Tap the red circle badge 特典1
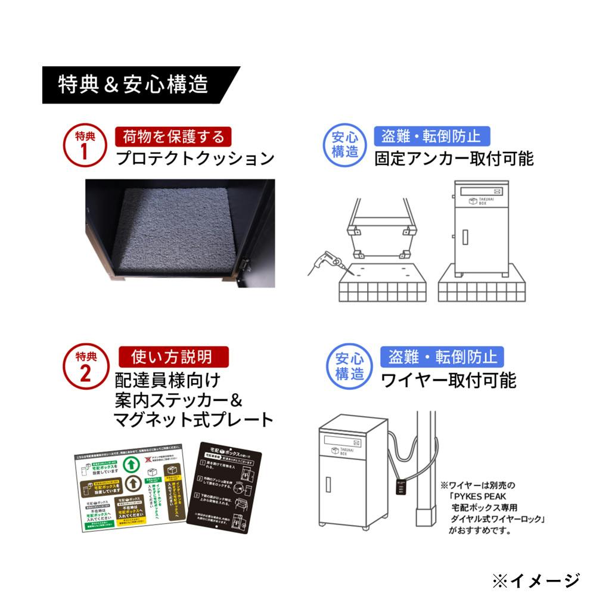pos(84,146)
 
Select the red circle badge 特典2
pos(84,368)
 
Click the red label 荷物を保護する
pos(173,136)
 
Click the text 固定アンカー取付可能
pos(454,159)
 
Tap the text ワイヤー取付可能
pos(448,380)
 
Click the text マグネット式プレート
pos(194,420)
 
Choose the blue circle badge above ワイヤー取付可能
pos(350,368)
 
